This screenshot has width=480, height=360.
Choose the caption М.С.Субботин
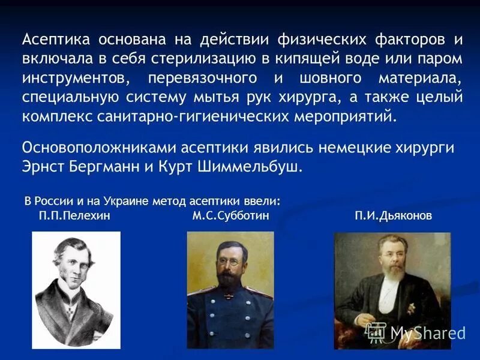click(230, 215)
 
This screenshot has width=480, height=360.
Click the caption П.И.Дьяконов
click(393, 215)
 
